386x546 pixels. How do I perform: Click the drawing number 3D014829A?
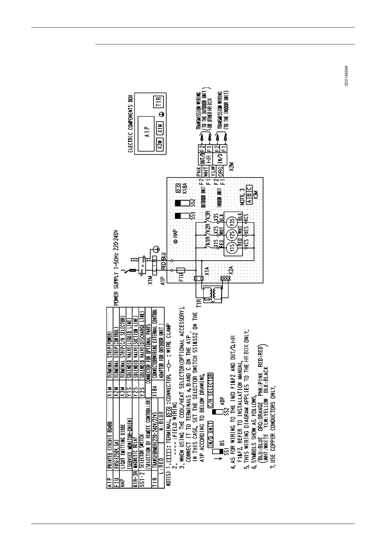click(346, 75)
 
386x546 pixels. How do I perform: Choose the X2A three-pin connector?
click(223, 278)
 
